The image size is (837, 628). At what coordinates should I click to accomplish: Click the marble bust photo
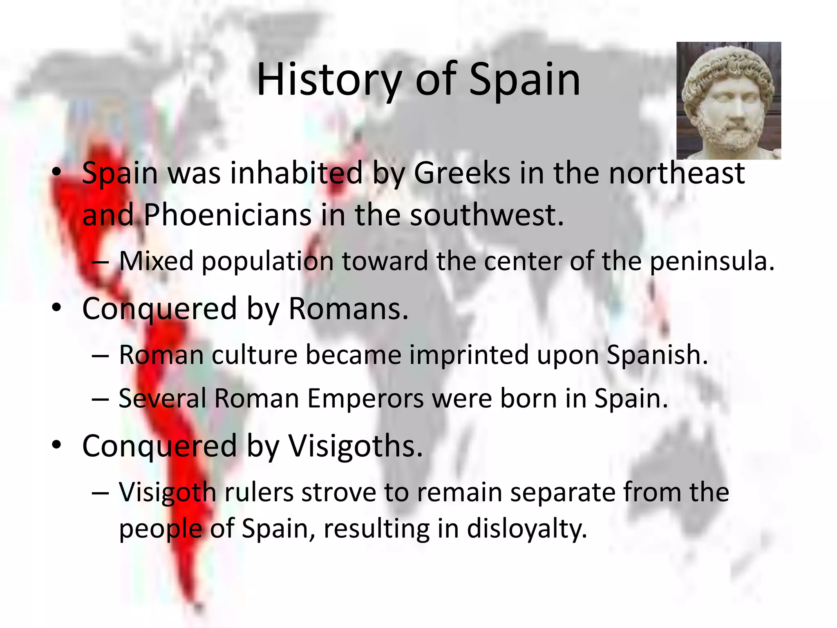(x=729, y=101)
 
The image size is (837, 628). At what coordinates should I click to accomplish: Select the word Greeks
(x=462, y=173)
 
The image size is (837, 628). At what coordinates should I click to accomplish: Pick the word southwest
(x=487, y=215)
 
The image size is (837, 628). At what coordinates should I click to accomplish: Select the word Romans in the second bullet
(x=348, y=308)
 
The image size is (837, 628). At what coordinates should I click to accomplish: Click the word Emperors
(x=365, y=398)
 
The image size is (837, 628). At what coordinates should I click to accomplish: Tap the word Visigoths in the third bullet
(x=355, y=446)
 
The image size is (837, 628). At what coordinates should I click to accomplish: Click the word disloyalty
(x=527, y=529)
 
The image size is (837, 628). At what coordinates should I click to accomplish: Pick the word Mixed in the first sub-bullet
(x=156, y=261)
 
